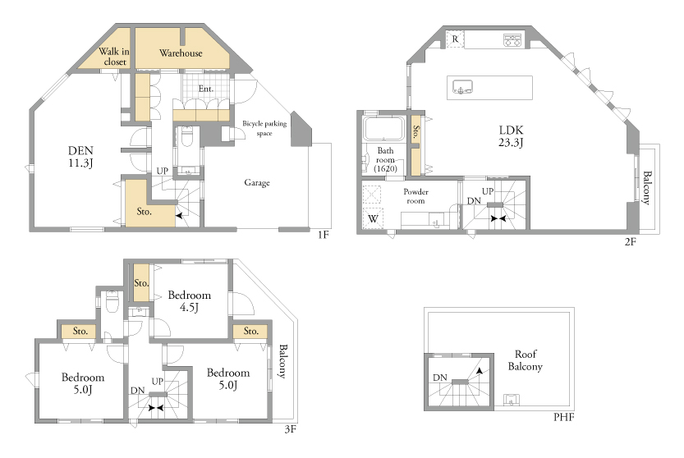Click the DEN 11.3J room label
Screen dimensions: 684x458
coord(80,157)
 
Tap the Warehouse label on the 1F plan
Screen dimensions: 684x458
coord(181,53)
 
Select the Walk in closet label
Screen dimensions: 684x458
coord(114,57)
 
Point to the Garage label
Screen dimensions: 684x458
coord(257,183)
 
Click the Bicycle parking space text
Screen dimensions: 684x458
coord(264,128)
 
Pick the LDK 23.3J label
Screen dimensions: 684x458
coord(511,136)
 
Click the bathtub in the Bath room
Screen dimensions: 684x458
coord(384,129)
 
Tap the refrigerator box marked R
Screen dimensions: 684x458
coord(455,39)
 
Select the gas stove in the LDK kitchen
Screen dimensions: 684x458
coord(512,39)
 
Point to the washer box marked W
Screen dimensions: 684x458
coord(373,218)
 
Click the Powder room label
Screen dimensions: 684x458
coord(415,196)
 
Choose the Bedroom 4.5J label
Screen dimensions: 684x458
coord(190,301)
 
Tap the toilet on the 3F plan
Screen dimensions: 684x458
coord(112,302)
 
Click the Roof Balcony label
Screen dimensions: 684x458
coord(526,360)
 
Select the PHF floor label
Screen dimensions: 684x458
coord(563,417)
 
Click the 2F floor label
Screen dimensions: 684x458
coord(631,241)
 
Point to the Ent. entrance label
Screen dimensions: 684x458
coord(206,89)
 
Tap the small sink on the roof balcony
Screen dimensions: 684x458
coord(511,400)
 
